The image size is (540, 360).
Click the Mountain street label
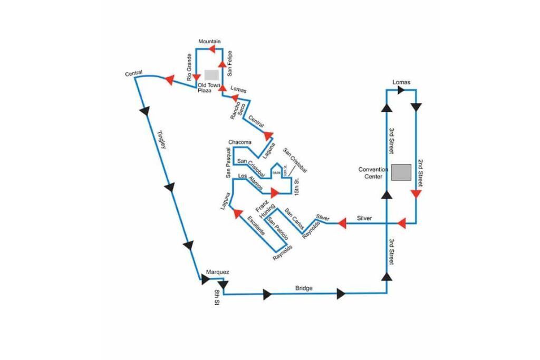click(209, 41)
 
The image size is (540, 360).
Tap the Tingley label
click(162, 140)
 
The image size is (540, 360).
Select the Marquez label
click(217, 272)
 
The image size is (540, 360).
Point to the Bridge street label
click(304, 288)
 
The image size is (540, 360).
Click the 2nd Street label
click(420, 173)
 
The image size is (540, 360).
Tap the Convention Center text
click(373, 173)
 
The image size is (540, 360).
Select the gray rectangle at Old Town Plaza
click(211, 74)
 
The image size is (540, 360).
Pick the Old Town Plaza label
click(209, 87)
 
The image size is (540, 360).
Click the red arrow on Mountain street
click(211, 49)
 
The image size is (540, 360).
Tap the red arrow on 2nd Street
click(416, 194)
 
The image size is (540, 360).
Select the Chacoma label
click(239, 142)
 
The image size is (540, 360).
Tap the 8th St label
click(216, 297)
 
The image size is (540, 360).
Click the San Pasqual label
click(229, 162)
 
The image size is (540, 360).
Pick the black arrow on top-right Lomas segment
click(401, 90)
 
